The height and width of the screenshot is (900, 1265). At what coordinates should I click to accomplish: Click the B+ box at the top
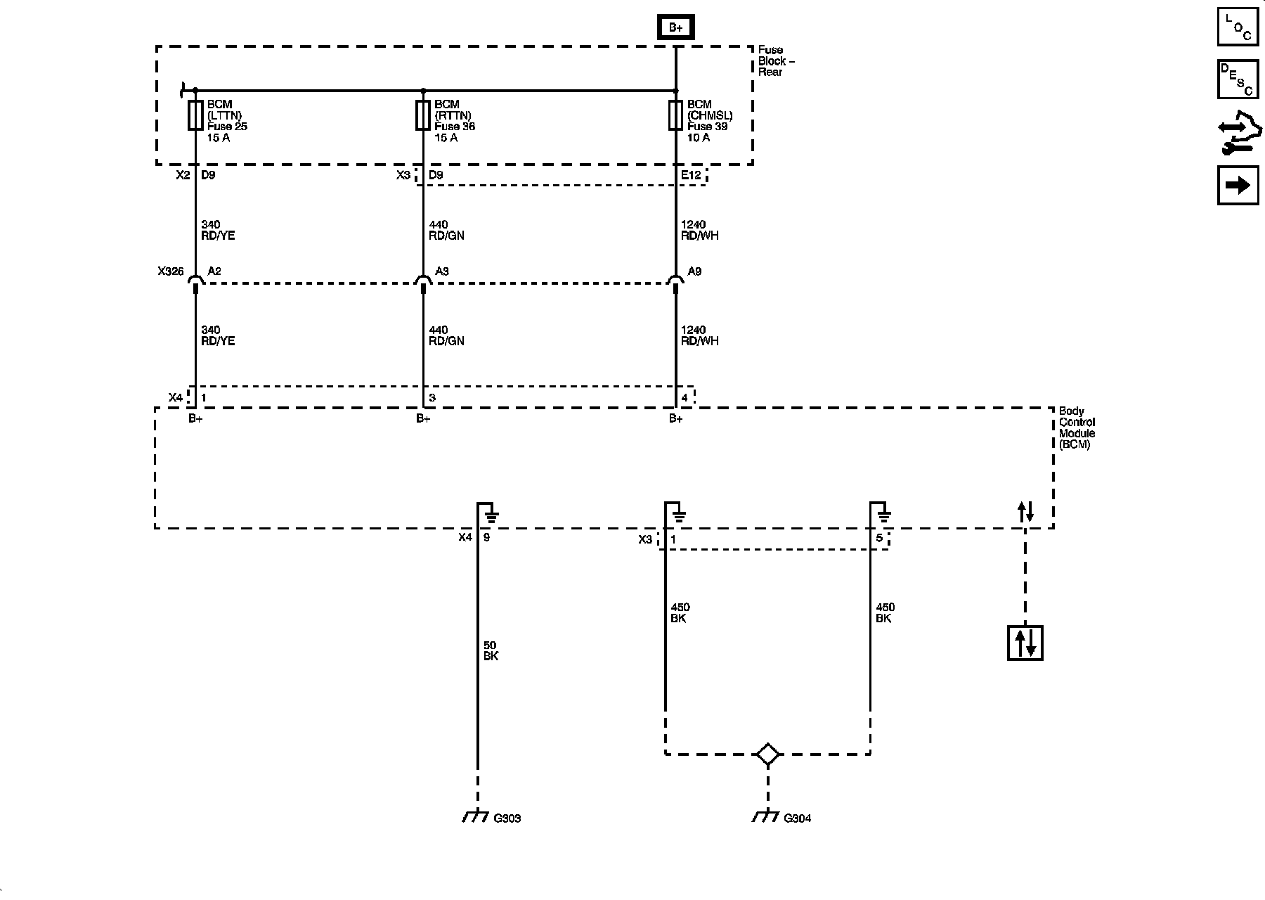(675, 27)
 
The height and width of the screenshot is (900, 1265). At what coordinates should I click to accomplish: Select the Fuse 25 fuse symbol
(195, 115)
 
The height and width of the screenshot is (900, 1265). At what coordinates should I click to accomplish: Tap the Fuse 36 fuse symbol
(422, 115)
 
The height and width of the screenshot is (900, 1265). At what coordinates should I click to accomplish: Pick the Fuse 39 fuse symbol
(675, 115)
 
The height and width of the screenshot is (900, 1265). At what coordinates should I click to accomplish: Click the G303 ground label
(507, 818)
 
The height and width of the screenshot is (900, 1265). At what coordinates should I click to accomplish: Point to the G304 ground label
(797, 818)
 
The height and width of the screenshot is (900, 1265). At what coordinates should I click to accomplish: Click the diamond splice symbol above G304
(767, 754)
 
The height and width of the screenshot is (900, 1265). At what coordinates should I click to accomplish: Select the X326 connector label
(170, 271)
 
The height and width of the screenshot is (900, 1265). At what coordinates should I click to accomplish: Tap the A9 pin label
(694, 271)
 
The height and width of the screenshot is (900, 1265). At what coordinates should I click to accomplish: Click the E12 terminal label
(691, 175)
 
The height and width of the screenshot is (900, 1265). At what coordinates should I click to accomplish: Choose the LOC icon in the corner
(1238, 27)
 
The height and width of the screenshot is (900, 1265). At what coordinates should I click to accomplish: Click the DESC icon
(1238, 79)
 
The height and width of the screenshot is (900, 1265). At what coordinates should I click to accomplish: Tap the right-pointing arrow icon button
(1238, 185)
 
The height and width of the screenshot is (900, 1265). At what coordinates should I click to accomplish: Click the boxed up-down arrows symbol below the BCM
(1025, 643)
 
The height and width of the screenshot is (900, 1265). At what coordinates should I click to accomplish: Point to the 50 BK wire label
(491, 650)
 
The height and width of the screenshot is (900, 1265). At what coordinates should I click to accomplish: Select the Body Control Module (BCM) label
(1077, 427)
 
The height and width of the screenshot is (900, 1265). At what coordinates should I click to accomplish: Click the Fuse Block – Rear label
(776, 61)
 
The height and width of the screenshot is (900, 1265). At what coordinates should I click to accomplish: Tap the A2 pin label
(214, 271)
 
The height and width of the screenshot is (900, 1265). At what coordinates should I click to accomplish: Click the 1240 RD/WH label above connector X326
(699, 230)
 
